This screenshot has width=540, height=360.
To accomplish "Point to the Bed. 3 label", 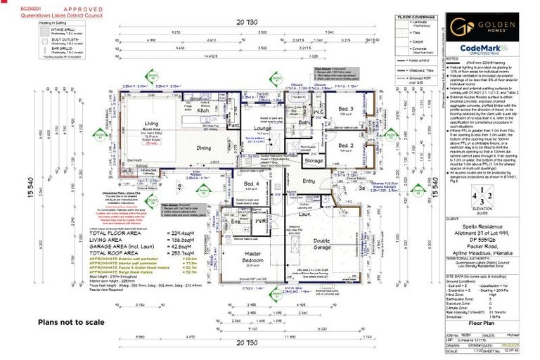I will tap(345, 110).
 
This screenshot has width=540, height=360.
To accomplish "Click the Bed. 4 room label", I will tap(252, 184).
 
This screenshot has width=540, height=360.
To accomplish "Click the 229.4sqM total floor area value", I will tap(181, 233).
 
